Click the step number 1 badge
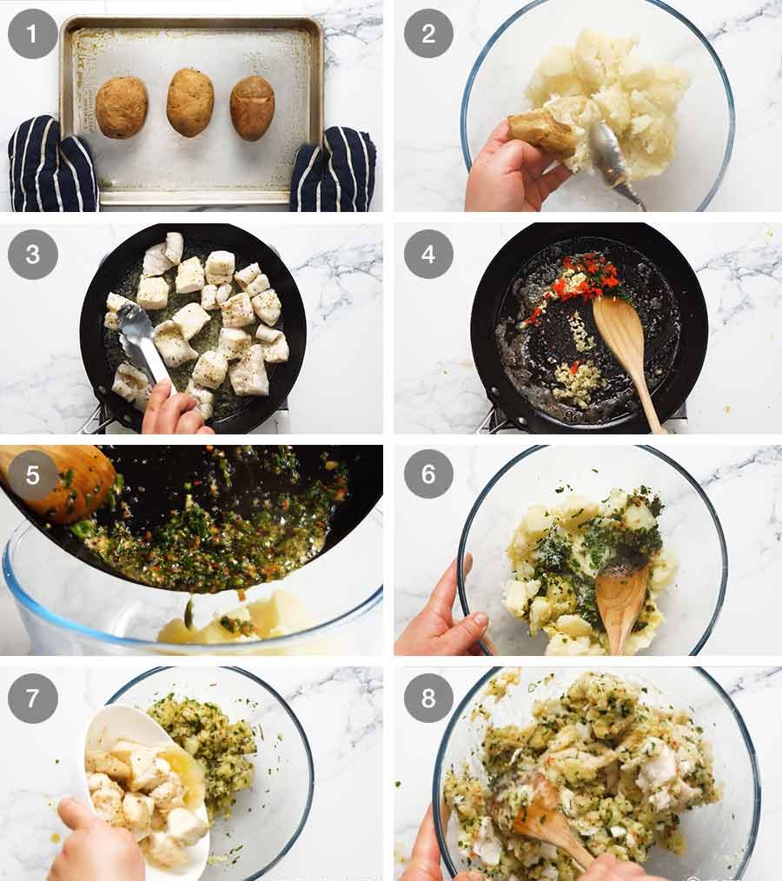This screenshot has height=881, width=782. (33, 34)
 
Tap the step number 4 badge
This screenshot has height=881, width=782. (428, 254)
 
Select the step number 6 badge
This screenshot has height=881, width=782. (428, 474)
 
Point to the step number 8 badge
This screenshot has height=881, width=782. (428, 698)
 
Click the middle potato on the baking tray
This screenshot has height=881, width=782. (190, 103)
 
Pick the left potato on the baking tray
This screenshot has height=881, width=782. (122, 107)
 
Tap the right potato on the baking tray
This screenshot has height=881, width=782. (252, 108)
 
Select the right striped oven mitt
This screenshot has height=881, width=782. (335, 169)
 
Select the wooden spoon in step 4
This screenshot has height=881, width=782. (630, 348)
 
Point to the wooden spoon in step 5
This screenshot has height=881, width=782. (65, 482)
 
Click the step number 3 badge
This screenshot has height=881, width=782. (33, 254)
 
